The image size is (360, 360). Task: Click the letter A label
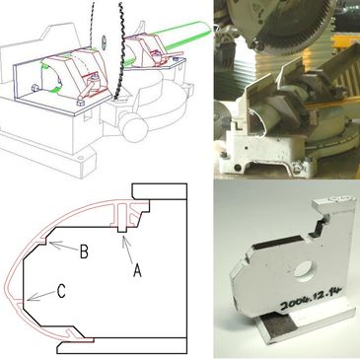[137, 271]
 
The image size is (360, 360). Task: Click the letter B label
[84, 252]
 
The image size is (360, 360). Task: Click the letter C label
[61, 291]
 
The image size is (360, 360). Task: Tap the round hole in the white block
[305, 270]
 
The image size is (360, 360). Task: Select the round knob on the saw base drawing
[132, 125]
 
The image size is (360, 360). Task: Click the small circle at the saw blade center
[104, 42]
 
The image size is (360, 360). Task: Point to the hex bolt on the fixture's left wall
[36, 89]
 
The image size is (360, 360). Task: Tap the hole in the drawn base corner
[80, 158]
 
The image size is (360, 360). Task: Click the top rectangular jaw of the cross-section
[160, 191]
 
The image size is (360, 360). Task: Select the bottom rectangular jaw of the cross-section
[121, 347]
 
